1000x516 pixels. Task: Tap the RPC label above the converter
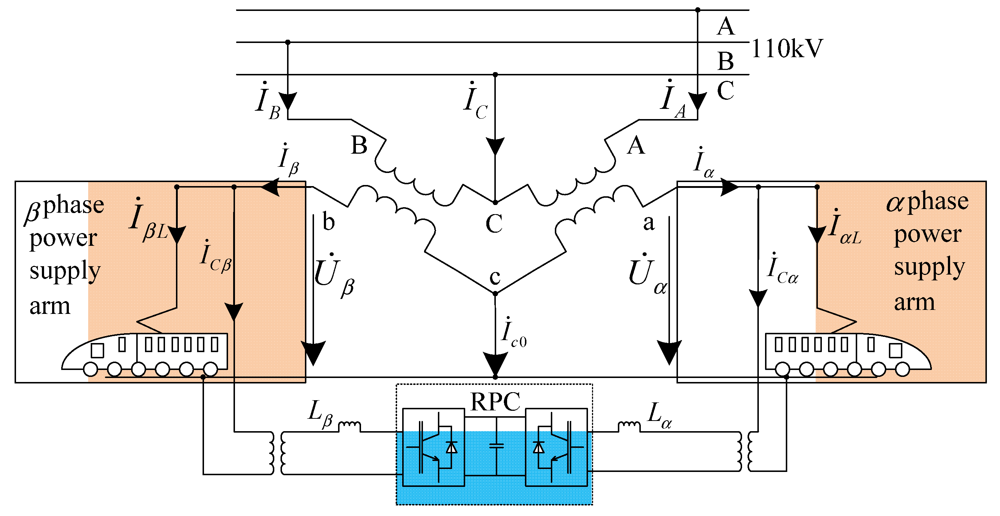495,402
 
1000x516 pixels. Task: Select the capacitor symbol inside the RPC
496,446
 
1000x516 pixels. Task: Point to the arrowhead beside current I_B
288,101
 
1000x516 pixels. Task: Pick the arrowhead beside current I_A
697,101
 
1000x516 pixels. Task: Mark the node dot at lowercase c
495,294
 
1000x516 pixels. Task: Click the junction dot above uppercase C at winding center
495,202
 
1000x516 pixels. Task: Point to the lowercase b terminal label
329,222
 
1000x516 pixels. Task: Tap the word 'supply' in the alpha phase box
929,267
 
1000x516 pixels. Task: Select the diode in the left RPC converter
451,447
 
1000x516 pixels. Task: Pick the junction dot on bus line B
288,42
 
